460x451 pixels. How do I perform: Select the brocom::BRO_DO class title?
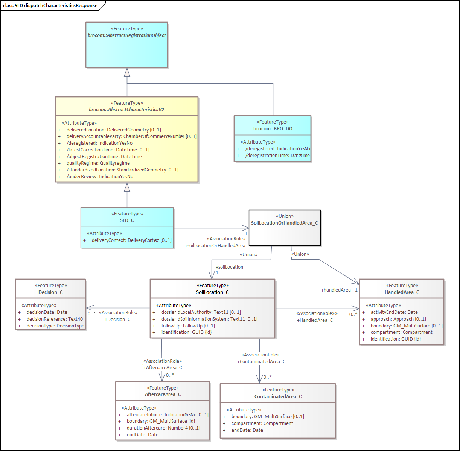[x=273, y=129]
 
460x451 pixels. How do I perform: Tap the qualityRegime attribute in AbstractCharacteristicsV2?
[x=98, y=163]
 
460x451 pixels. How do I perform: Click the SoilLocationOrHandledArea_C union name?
[x=284, y=223]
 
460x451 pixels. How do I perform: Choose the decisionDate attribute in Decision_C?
[x=47, y=312]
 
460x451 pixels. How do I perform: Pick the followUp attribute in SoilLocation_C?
[x=188, y=326]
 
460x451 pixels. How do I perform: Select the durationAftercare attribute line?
[x=163, y=428]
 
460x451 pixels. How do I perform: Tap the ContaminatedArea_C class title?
[x=278, y=397]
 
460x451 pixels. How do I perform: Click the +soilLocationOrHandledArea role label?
[x=215, y=246]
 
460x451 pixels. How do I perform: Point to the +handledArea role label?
[x=336, y=290]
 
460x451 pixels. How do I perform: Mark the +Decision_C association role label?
[x=117, y=320]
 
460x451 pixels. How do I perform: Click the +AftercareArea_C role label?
[x=163, y=368]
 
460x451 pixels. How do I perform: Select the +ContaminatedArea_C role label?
[x=261, y=362]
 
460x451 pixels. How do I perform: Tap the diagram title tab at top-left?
[x=50, y=6]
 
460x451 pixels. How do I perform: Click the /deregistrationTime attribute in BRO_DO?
[x=277, y=156]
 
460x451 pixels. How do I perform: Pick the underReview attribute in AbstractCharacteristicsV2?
[x=99, y=177]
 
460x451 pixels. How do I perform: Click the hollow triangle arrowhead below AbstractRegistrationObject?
[x=127, y=72]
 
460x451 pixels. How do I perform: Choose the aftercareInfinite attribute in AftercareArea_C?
[x=167, y=415]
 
